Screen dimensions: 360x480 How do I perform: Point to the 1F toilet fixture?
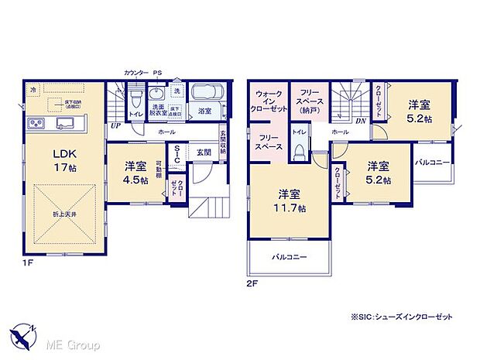[136, 99]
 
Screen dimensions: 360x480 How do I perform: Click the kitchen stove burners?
[36, 125]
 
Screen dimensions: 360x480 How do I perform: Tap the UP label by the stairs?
[115, 125]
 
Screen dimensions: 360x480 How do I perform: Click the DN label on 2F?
[360, 122]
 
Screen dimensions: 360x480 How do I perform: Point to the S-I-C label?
[177, 157]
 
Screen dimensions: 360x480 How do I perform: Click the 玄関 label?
[204, 152]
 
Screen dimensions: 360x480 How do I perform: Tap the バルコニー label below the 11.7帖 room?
[290, 257]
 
